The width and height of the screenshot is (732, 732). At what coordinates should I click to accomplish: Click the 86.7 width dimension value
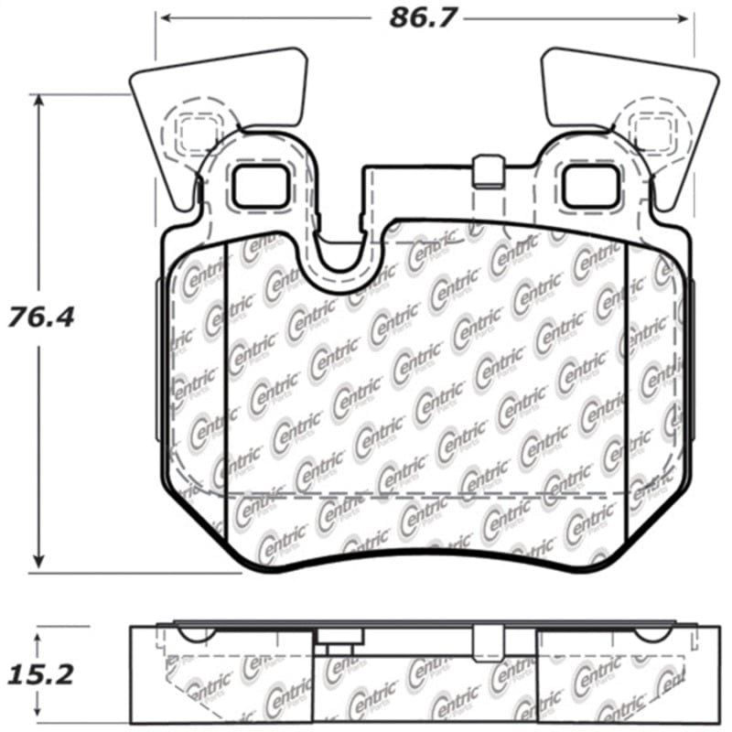[422, 17]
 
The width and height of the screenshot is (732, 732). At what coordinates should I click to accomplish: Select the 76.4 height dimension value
[40, 318]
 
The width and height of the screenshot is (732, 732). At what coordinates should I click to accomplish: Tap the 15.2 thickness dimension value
[40, 675]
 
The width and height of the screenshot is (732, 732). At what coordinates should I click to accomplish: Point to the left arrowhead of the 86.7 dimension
[161, 17]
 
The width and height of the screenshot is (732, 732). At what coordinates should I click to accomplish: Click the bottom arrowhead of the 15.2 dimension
[38, 714]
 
